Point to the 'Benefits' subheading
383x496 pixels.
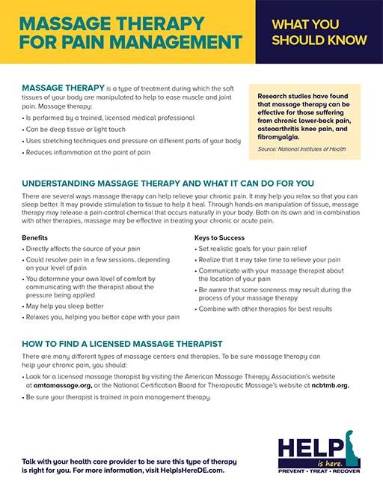34,237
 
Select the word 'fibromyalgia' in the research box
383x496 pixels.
278,137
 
